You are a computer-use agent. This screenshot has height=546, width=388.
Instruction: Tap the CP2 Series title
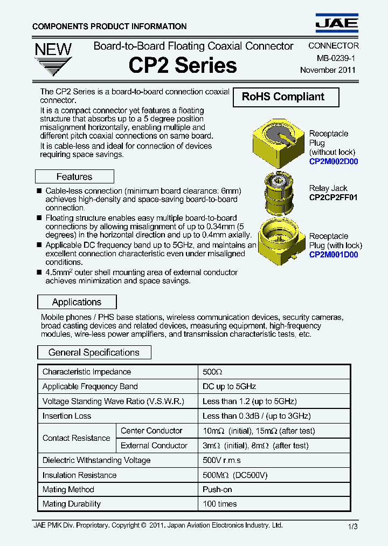[x=183, y=66]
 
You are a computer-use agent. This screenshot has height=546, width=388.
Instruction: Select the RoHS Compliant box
[x=286, y=97]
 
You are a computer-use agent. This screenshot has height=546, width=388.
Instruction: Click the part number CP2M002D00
[x=334, y=161]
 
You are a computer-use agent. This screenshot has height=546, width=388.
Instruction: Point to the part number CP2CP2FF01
[x=333, y=197]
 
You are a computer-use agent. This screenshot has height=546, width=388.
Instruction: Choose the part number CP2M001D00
[x=334, y=255]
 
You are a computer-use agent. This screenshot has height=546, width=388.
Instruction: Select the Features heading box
[x=74, y=177]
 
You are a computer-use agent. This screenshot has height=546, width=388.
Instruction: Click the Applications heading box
[x=77, y=302]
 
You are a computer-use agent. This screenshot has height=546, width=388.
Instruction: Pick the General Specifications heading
[x=94, y=353]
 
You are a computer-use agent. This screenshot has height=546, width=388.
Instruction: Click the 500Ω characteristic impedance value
[x=212, y=372]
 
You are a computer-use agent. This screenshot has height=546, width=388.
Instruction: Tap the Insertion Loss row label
[x=67, y=416]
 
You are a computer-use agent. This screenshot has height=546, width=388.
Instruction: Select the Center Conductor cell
[x=151, y=431]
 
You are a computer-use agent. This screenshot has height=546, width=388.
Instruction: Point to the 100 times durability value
[x=219, y=504]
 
